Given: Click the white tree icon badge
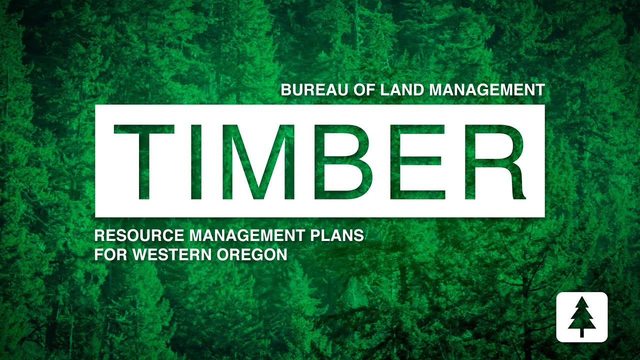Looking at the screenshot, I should [x=581, y=317].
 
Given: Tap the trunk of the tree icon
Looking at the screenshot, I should [x=581, y=332].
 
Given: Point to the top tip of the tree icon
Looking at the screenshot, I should [x=581, y=297].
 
